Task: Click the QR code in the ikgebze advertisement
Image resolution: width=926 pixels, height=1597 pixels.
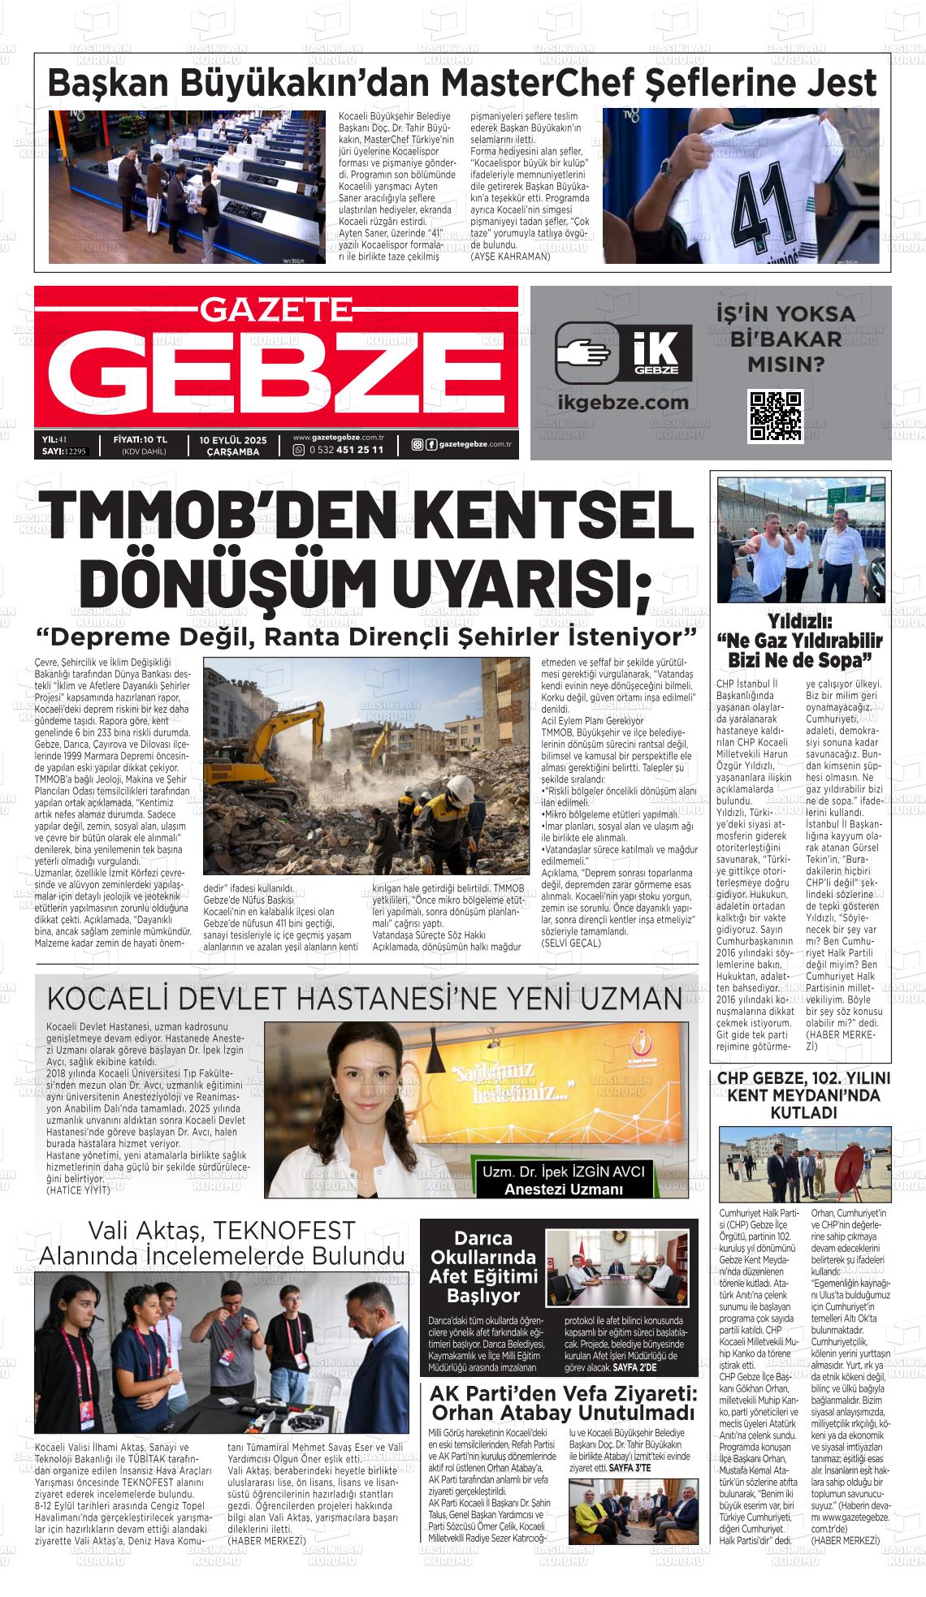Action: [775, 416]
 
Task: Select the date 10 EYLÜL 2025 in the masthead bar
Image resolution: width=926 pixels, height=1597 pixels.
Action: [232, 439]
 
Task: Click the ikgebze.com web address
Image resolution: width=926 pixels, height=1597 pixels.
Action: [623, 402]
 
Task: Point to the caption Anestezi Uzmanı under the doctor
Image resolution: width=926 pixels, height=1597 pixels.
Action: [563, 1189]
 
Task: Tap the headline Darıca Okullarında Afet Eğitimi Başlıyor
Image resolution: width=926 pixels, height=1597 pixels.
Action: [482, 1267]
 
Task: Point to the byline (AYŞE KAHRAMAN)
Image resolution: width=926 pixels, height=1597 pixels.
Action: [510, 256]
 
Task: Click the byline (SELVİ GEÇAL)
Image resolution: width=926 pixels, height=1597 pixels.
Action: [571, 943]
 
